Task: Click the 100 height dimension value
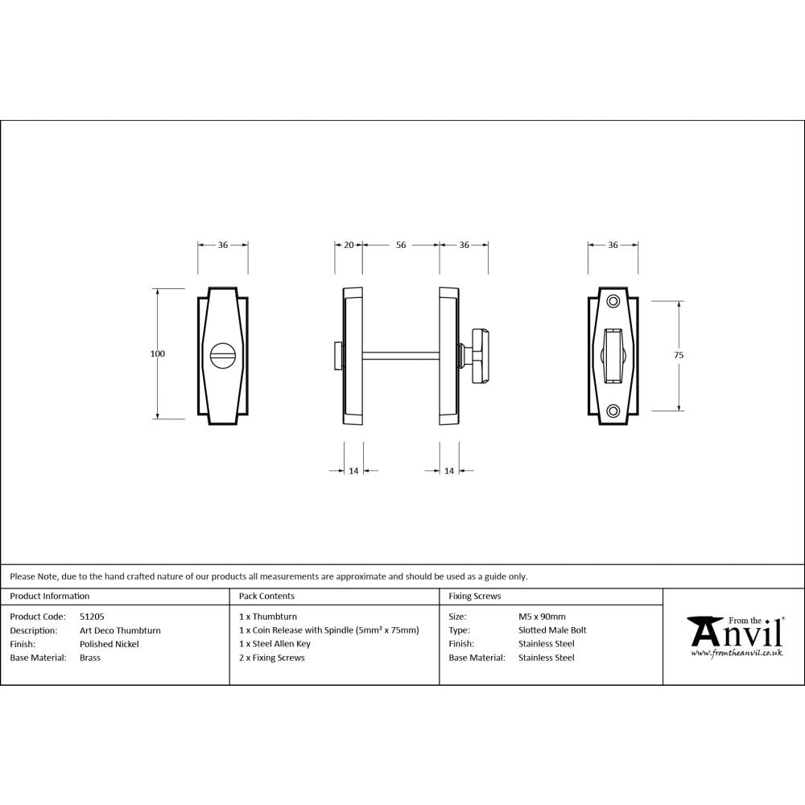click(157, 353)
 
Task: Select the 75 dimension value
click(679, 354)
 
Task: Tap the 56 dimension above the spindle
click(401, 246)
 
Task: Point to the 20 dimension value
click(349, 246)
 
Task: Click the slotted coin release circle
click(221, 354)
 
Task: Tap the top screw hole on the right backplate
click(613, 301)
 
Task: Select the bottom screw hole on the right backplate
click(613, 410)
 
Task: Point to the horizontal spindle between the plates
click(401, 354)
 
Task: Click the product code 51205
click(92, 617)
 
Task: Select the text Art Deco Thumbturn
click(120, 630)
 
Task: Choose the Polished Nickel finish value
click(109, 644)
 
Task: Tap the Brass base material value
click(90, 658)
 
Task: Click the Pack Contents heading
click(266, 597)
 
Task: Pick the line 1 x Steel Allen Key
click(275, 644)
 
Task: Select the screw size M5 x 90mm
click(542, 617)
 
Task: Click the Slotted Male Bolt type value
click(552, 630)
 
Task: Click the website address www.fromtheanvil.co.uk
click(737, 653)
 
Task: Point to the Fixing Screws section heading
click(474, 597)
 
